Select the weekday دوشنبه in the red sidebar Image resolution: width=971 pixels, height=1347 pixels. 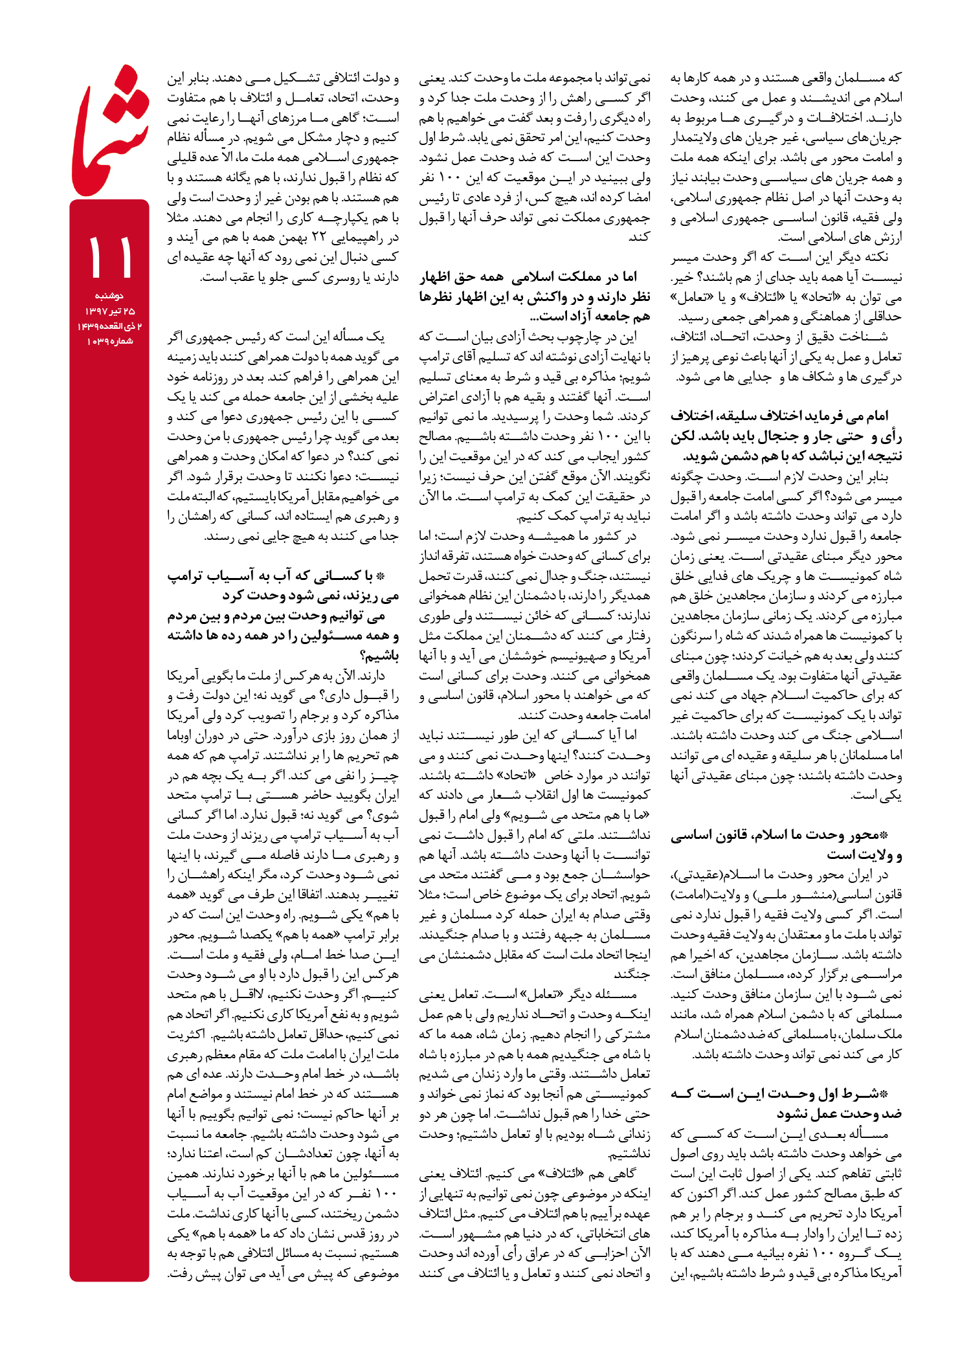(x=109, y=296)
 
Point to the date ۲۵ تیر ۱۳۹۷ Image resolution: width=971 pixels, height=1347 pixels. (x=109, y=311)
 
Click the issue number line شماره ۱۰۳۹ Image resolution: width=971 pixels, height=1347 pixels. (x=109, y=341)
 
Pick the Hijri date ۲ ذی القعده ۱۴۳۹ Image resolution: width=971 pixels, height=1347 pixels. (x=109, y=326)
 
